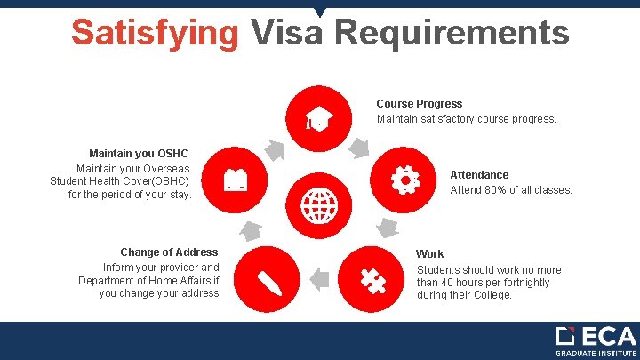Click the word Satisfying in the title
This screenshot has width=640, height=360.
point(156,33)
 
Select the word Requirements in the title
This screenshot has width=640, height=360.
point(452,33)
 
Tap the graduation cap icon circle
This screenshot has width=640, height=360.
point(320,118)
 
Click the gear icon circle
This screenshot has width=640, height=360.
point(404,180)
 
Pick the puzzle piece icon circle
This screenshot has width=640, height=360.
point(372,280)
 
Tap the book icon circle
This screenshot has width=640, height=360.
point(236,180)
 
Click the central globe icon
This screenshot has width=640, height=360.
point(320,205)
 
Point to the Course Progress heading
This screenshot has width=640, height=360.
point(420,104)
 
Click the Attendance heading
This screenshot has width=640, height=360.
point(479,175)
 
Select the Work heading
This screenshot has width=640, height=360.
point(430,253)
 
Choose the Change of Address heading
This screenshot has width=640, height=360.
point(169,252)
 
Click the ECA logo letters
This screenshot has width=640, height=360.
point(608,337)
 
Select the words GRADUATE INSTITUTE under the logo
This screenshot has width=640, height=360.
point(596,353)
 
